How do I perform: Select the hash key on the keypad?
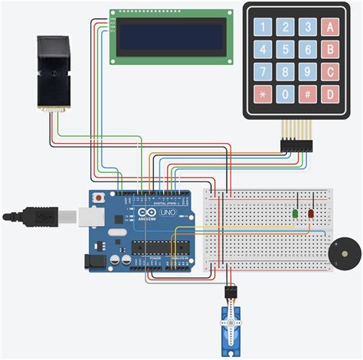[307, 95]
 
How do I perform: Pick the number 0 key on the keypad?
[285, 95]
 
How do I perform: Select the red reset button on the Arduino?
[98, 198]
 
